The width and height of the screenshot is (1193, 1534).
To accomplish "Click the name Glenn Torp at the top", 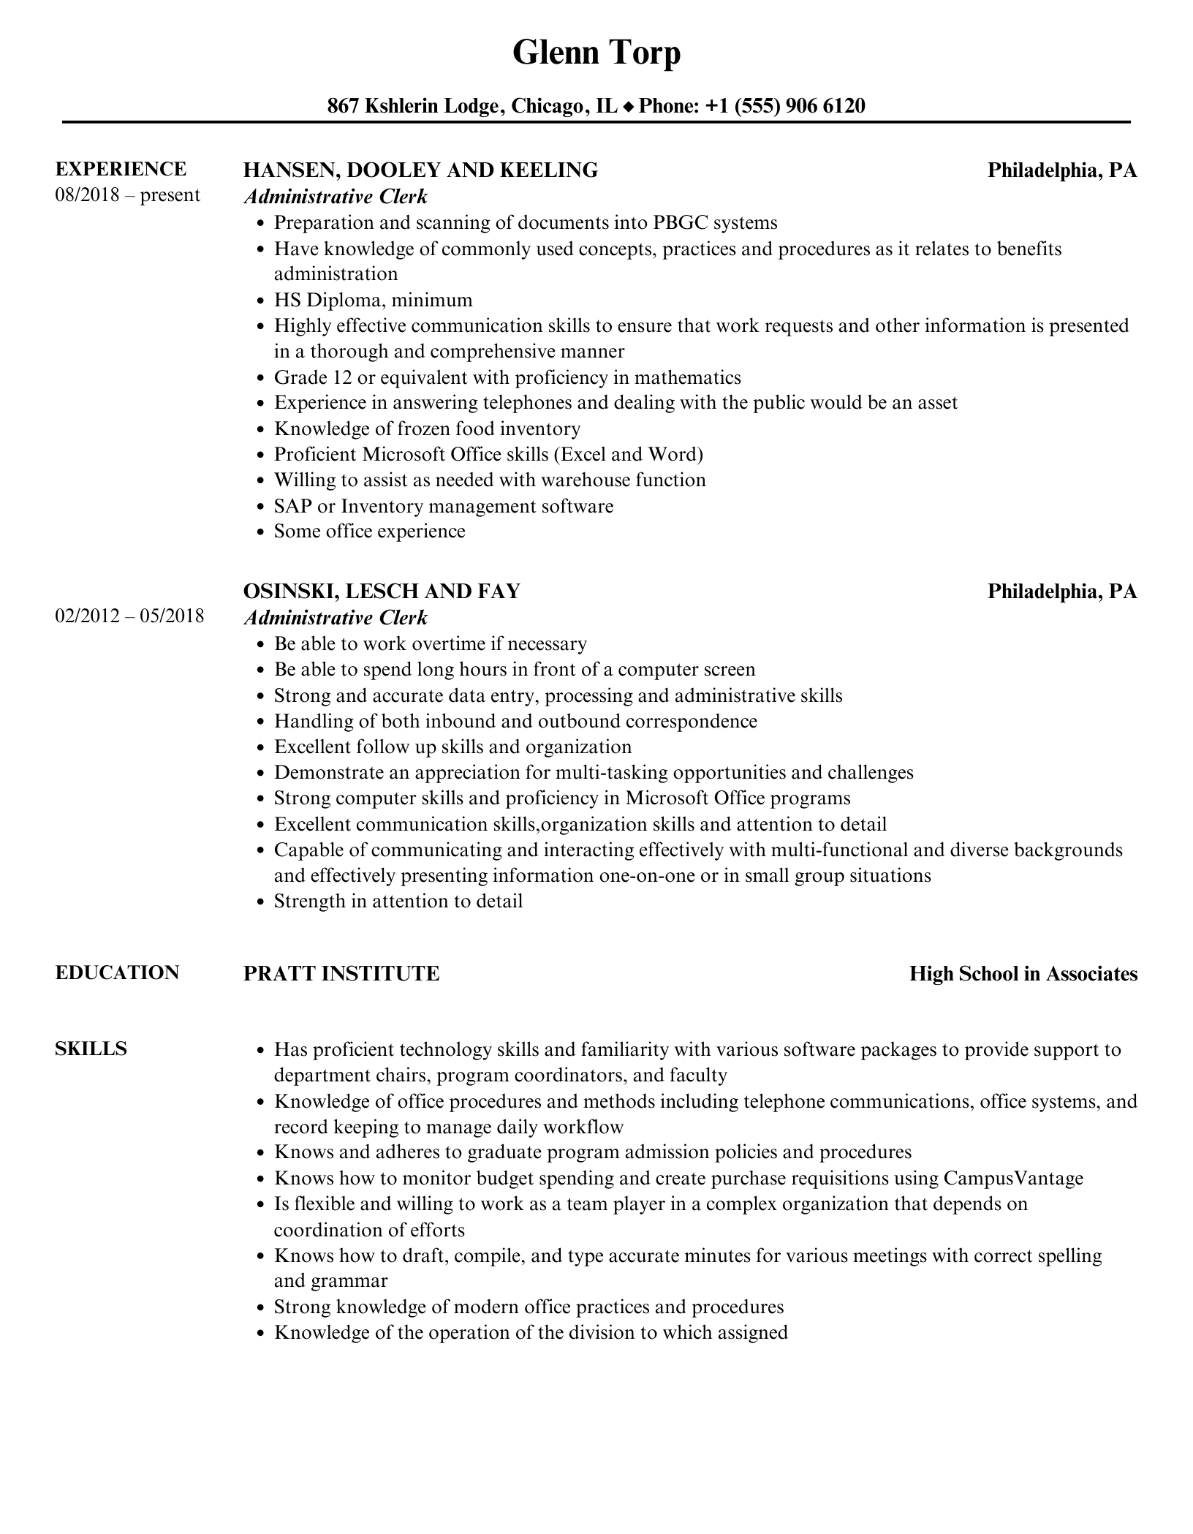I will tap(596, 53).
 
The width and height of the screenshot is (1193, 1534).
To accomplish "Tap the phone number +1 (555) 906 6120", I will tap(785, 106).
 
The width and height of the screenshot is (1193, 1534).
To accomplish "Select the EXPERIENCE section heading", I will tap(121, 169).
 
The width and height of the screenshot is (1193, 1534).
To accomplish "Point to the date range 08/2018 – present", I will tap(127, 195).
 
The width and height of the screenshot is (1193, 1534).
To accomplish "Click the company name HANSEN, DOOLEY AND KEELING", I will tap(420, 170).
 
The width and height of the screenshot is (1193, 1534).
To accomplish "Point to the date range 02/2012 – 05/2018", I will tap(129, 616).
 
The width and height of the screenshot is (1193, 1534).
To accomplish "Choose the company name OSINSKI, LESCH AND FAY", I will tap(382, 591).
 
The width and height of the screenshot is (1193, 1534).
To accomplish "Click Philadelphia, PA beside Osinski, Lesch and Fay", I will tap(1062, 591).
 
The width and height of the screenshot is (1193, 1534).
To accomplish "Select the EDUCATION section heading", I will tap(117, 972).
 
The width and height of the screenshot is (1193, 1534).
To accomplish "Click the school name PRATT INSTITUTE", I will tap(341, 974).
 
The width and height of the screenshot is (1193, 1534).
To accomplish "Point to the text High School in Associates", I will tap(1023, 974).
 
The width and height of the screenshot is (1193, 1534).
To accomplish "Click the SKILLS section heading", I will tap(91, 1049).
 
